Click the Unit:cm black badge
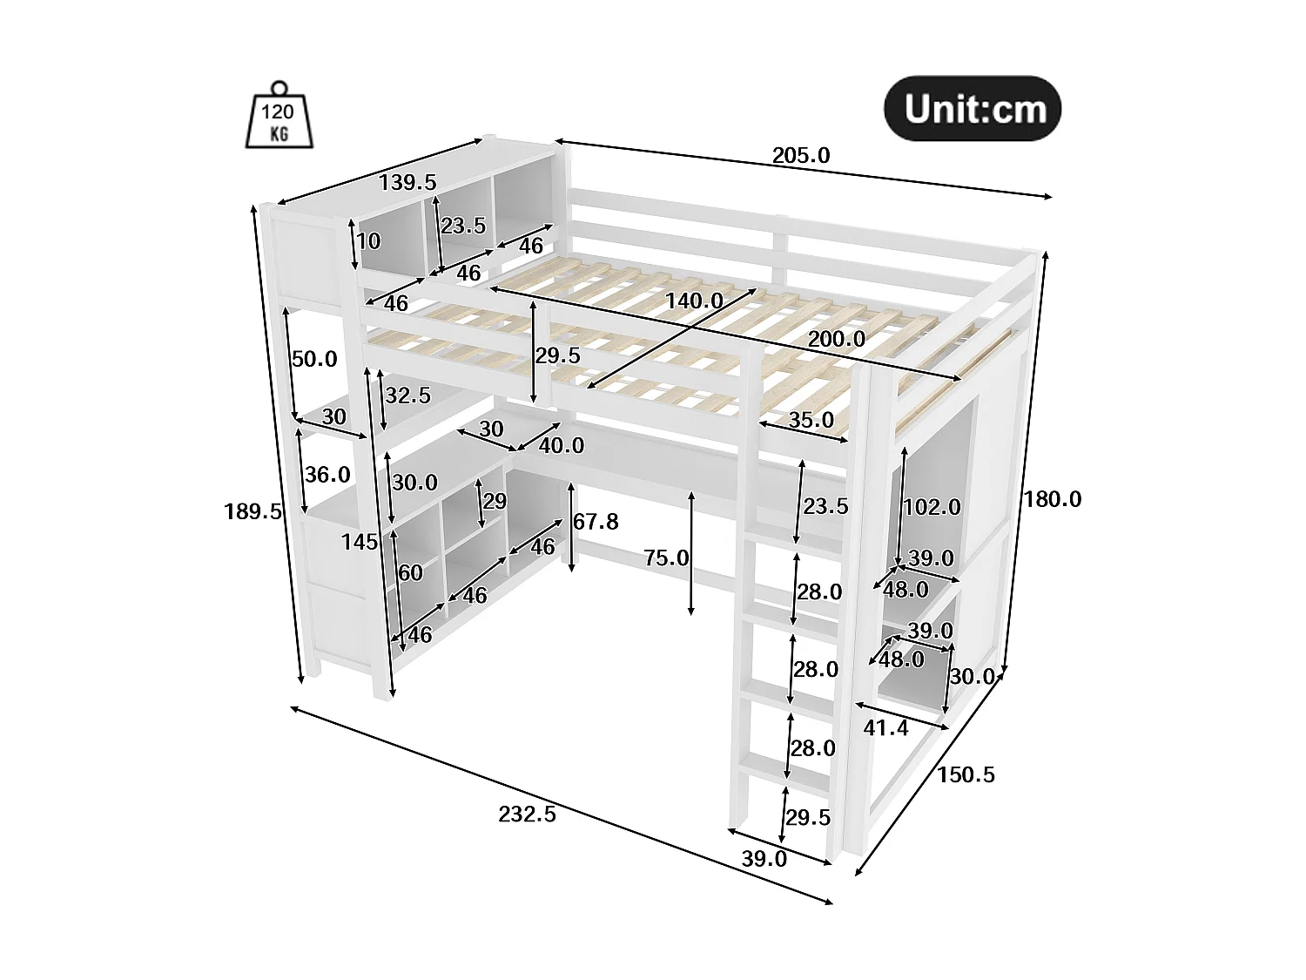(x=973, y=110)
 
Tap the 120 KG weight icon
(x=279, y=119)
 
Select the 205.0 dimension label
(x=801, y=156)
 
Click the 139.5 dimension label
(x=407, y=182)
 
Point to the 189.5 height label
(x=252, y=511)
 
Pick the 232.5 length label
(x=527, y=814)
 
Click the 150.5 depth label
(x=966, y=774)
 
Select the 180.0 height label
(x=1052, y=499)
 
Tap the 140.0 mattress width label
(x=694, y=301)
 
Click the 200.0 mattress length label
(x=837, y=340)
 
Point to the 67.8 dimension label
(x=596, y=522)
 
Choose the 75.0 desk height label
(x=666, y=558)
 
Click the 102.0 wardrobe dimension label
(x=932, y=506)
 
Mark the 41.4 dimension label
(x=885, y=727)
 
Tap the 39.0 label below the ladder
(x=764, y=859)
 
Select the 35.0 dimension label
(x=811, y=420)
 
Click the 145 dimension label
(x=360, y=542)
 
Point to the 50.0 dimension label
(x=314, y=359)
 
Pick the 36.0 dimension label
(x=327, y=475)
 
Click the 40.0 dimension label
(x=562, y=446)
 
